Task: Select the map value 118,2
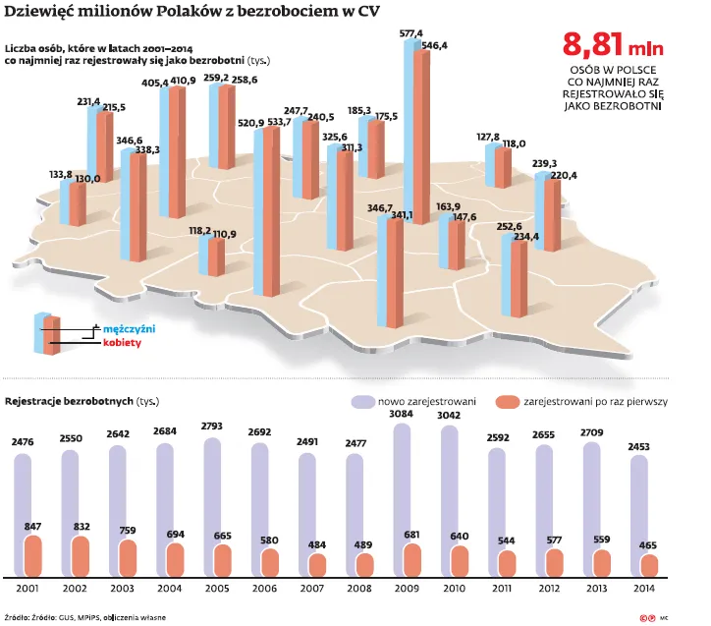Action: pyautogui.click(x=200, y=230)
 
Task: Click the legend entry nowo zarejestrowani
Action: pyautogui.click(x=416, y=402)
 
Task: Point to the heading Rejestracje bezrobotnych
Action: pyautogui.click(x=70, y=401)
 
